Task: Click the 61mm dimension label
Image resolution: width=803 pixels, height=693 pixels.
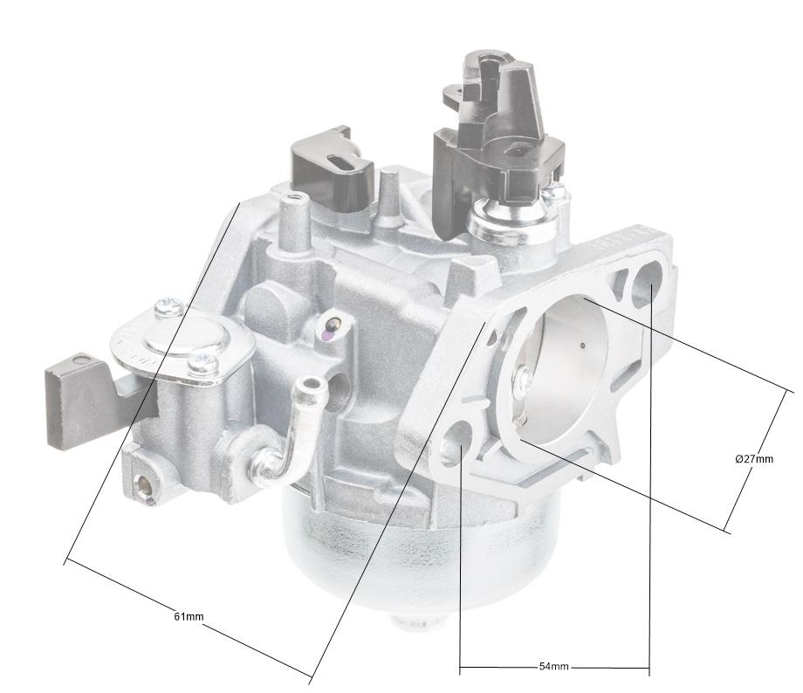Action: (x=189, y=616)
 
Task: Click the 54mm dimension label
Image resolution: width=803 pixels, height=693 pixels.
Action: (x=553, y=667)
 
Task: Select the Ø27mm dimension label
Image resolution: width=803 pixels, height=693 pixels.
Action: (x=754, y=459)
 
